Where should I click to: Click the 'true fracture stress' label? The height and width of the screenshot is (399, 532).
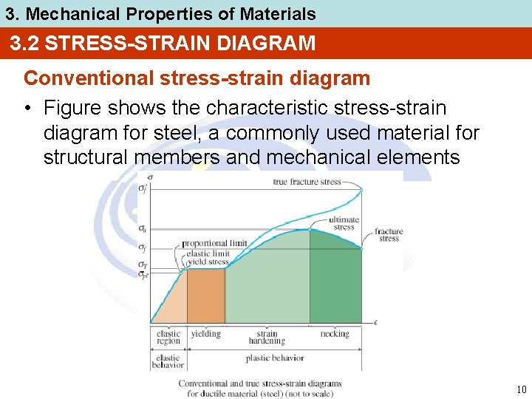point(307,182)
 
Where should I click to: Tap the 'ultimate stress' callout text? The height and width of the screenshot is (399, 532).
point(344,223)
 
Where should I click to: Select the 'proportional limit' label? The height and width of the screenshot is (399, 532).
point(214,243)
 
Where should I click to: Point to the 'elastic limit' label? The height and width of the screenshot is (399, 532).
point(208,253)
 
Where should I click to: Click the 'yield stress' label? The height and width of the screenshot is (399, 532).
point(208,262)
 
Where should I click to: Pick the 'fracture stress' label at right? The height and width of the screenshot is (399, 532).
point(389,235)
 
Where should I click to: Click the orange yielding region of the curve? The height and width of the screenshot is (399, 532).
point(205,296)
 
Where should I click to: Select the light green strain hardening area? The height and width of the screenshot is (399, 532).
point(266,284)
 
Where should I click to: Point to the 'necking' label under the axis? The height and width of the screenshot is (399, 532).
point(335,334)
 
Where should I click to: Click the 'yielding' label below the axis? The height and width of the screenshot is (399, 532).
point(205,334)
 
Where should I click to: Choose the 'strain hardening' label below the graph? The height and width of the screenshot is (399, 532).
point(267,338)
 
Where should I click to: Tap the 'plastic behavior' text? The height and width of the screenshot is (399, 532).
point(274,358)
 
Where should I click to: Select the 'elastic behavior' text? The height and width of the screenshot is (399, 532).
point(168,361)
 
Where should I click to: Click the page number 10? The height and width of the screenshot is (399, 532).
point(521,389)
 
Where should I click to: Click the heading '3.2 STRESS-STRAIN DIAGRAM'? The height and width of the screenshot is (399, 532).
point(163,44)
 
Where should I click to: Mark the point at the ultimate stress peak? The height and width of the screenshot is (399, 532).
point(310,229)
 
